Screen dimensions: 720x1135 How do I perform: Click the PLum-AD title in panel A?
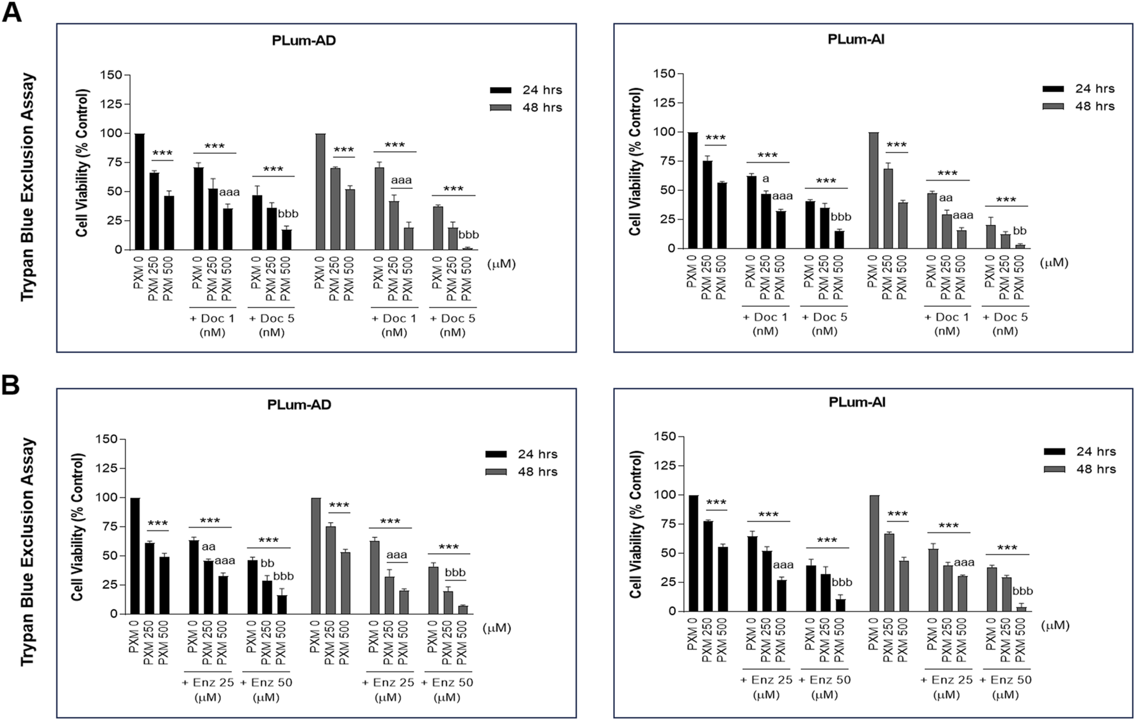tap(304, 40)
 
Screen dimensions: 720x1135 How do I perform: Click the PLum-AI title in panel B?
tap(856, 402)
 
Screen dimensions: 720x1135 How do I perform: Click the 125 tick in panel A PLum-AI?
tap(664, 103)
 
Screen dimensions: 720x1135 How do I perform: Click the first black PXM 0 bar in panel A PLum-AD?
tap(139, 192)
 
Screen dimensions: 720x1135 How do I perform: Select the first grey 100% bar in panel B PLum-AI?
tap(874, 553)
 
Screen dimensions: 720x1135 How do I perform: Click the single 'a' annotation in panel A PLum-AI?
tap(765, 179)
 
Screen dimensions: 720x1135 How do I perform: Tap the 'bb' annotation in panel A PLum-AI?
tap(1020, 231)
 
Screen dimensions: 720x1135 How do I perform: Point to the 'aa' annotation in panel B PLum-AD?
tap(208, 547)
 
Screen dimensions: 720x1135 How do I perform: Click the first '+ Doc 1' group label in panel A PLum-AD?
tap(213, 318)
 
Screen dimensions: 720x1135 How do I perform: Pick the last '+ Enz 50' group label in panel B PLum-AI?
tap(1006, 680)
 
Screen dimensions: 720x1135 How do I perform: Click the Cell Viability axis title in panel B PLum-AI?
tap(635, 524)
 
